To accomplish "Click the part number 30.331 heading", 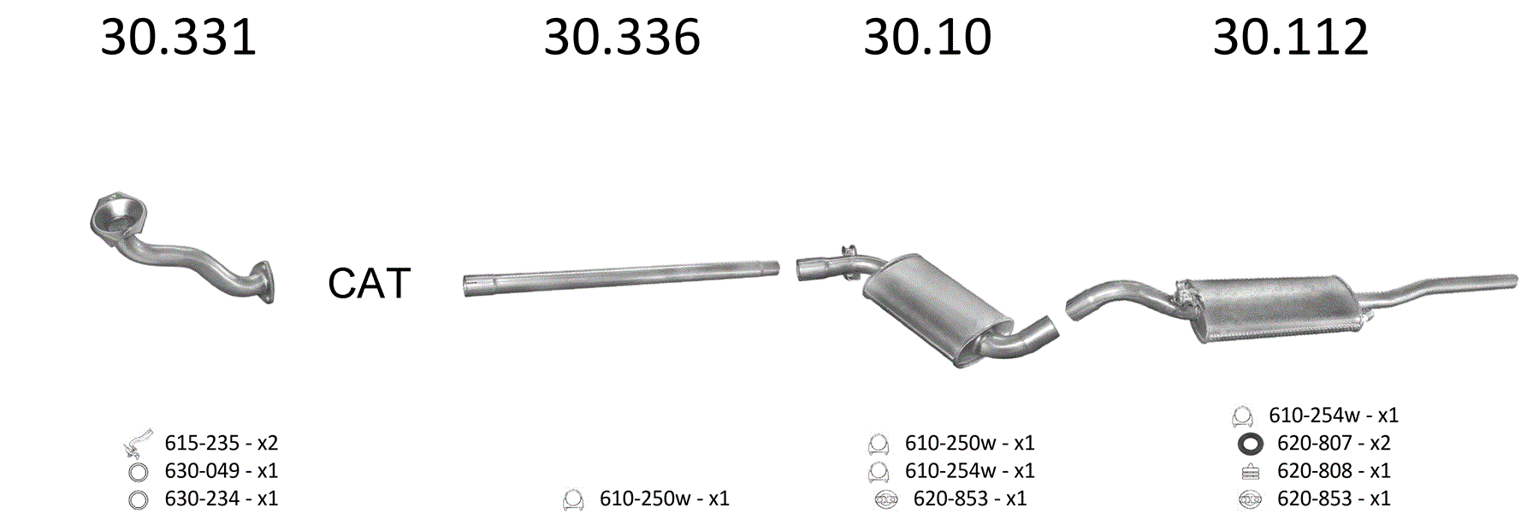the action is [178, 38].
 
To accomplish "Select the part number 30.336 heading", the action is [622, 38].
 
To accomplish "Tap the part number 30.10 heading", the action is [927, 38].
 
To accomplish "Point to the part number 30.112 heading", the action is [1290, 38].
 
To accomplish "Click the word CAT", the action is [369, 283].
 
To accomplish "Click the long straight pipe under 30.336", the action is [621, 279].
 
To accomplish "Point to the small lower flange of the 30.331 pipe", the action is [264, 282].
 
